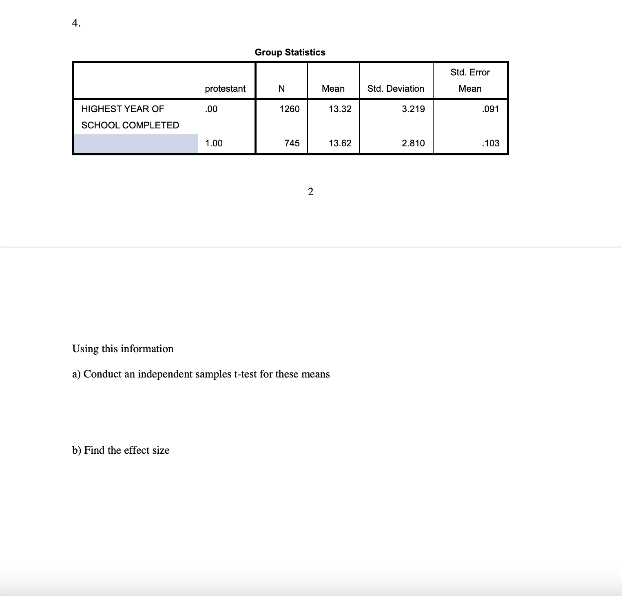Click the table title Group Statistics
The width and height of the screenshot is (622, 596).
click(290, 52)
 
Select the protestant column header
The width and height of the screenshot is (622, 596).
click(225, 88)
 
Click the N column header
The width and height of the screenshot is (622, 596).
click(281, 88)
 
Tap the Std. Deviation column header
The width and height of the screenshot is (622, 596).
click(396, 88)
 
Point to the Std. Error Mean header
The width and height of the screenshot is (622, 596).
click(470, 80)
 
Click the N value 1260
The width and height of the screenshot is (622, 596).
click(290, 109)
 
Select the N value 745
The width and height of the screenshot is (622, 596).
click(292, 143)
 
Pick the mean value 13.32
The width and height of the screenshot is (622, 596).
click(340, 109)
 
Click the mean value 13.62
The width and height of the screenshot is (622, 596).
click(340, 143)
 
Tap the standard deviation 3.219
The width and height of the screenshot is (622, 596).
click(413, 109)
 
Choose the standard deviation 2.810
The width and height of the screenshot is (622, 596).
click(413, 143)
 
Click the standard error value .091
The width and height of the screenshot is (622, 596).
click(490, 109)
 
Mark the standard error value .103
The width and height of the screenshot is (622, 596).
click(490, 143)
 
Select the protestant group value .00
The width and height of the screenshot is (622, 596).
click(211, 109)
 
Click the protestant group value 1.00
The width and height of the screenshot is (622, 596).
click(214, 143)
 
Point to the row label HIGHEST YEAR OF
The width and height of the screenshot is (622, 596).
click(123, 109)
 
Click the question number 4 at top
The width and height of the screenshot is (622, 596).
click(76, 23)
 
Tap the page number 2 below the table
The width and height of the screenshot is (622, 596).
click(310, 192)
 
